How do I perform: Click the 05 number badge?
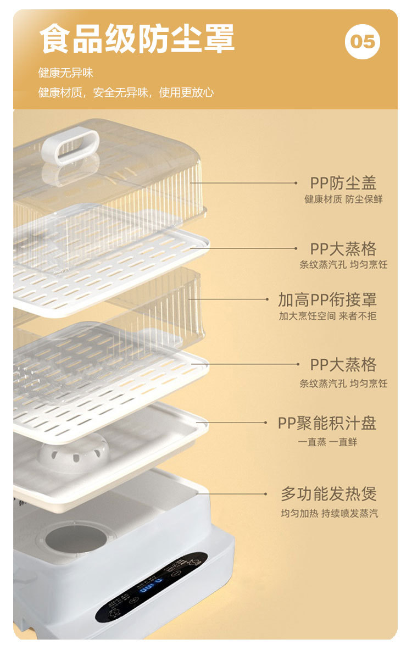tap(363, 42)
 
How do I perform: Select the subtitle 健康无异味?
tap(65, 73)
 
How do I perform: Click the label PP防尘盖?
tap(343, 184)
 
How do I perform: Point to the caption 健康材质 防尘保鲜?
tap(343, 199)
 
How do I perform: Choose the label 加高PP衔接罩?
tap(327, 300)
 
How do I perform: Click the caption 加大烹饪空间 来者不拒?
tap(327, 316)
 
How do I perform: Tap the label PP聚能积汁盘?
tap(327, 423)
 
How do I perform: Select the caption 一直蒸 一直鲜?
tap(327, 442)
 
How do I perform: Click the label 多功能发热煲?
tap(329, 494)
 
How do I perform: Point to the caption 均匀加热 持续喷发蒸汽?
tap(329, 514)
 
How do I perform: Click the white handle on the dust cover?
tap(70, 146)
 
